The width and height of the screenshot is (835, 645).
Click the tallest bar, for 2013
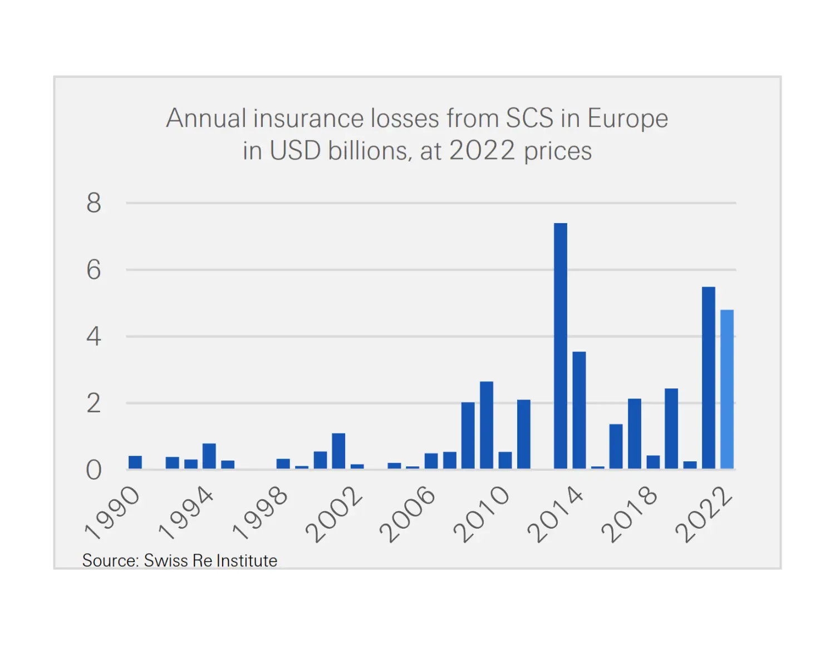[561, 346]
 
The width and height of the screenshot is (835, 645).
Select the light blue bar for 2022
[727, 389]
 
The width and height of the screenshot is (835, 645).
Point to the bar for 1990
[135, 462]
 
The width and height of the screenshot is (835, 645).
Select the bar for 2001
[338, 451]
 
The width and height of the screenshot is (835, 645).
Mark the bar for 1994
[209, 456]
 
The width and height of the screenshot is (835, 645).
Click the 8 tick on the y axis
[94, 203]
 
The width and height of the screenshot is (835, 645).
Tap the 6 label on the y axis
[94, 270]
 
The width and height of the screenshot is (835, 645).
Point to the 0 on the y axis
[94, 470]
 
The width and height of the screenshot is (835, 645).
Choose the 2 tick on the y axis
[94, 403]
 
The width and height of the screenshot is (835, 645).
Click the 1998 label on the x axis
[261, 513]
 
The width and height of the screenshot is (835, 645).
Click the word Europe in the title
[627, 119]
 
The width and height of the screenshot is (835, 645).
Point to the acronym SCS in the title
[529, 119]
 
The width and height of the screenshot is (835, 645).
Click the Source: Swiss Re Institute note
[179, 560]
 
